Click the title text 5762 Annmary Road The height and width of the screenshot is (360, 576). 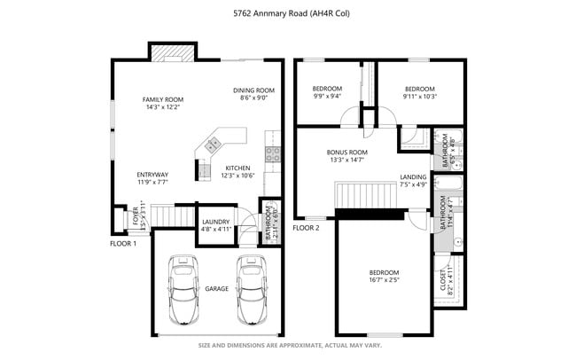point(288,13)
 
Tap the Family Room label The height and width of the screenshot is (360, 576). point(163,103)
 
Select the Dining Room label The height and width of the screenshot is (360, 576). point(254,94)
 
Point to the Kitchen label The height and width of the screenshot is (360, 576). point(238,171)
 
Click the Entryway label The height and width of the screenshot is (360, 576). point(152,178)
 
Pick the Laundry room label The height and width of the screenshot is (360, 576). point(215,225)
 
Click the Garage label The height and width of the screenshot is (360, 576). point(217,289)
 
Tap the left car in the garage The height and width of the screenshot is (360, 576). point(184,292)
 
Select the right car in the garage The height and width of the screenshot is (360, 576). point(252,292)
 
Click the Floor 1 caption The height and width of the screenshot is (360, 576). point(122,243)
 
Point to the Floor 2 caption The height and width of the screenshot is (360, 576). point(306,228)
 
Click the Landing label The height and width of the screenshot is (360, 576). point(413,181)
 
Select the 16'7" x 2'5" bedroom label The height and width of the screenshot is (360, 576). point(384,276)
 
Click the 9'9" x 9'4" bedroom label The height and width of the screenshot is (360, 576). point(328,93)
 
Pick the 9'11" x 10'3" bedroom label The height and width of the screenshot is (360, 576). point(419,93)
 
